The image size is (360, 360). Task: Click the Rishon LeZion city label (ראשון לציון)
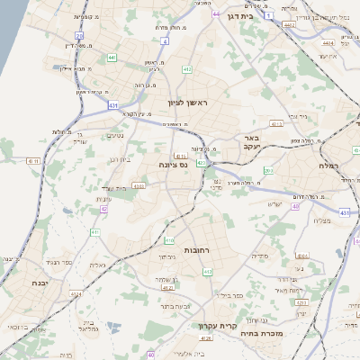(188, 104)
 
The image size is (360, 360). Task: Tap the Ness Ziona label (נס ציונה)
(172, 165)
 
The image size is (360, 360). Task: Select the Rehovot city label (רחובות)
(196, 249)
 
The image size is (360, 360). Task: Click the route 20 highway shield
(79, 37)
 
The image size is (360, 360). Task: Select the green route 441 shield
(112, 58)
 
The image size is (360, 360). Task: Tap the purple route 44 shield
(216, 14)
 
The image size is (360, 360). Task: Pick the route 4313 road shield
(139, 186)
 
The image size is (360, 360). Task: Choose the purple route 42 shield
(104, 209)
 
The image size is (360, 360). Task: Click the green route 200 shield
(268, 170)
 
